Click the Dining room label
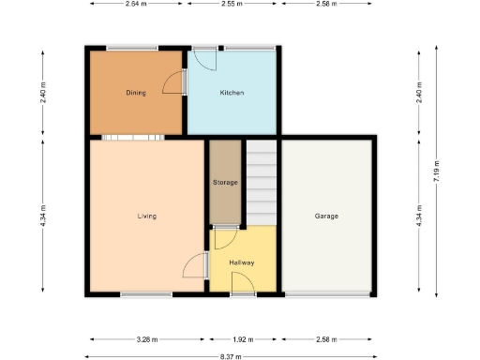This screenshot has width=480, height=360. [136, 93]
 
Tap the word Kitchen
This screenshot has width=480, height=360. [232, 93]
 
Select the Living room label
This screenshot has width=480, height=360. [146, 216]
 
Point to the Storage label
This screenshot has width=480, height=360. [225, 182]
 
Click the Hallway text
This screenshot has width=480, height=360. [243, 262]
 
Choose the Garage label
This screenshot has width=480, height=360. [326, 216]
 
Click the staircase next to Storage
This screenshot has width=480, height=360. [262, 183]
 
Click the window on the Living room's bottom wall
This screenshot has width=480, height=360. [146, 295]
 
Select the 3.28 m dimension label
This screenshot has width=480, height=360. [146, 339]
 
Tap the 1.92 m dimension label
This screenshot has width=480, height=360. [243, 339]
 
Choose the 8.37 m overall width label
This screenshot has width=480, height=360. [232, 356]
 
